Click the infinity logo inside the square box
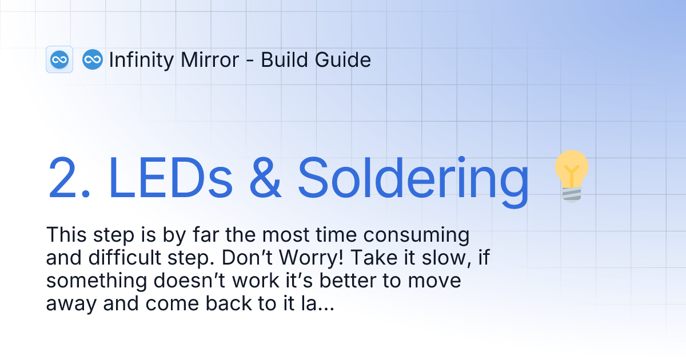click(x=59, y=59)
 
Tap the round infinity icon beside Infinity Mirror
click(x=92, y=59)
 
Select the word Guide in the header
click(x=345, y=59)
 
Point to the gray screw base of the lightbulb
click(x=572, y=194)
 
